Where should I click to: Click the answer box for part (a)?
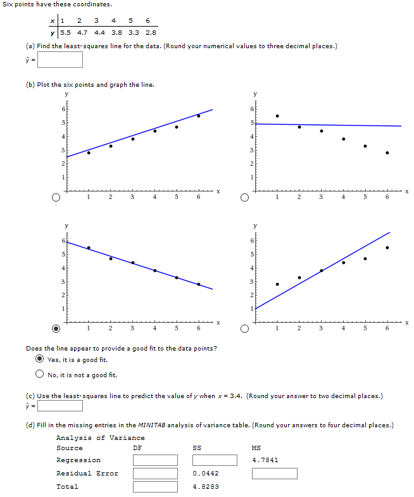coord(60,60)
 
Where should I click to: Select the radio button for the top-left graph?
coord(56,198)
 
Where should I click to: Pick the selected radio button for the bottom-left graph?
coord(56,329)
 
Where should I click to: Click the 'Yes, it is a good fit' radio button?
coord(39,359)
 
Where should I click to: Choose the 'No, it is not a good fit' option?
coord(39,374)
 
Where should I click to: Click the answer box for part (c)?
coord(60,406)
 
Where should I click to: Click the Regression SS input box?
coord(214,460)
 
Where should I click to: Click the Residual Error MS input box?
coord(274,474)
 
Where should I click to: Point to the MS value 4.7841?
coord(265,460)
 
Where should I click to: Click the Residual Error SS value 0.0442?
coord(206,474)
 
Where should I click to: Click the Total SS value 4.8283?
coord(206,487)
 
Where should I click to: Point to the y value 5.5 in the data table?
coord(66,32)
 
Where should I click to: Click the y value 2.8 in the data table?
coord(151,32)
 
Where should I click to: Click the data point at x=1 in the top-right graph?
coord(277,116)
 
